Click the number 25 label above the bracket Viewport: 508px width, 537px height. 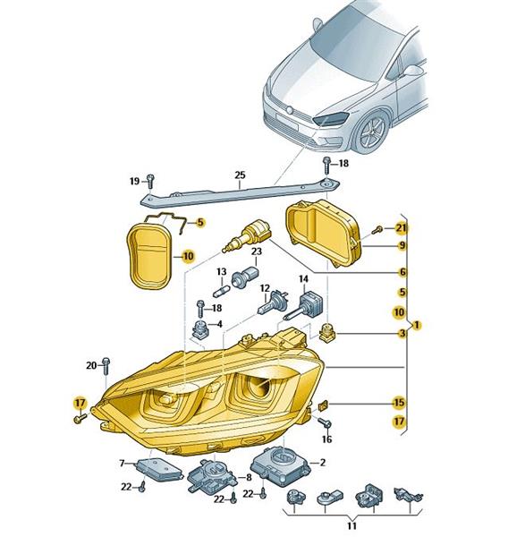240,175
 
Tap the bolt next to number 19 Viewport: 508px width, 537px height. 150,181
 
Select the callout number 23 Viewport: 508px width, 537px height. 257,251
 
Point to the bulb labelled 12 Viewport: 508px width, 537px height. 273,303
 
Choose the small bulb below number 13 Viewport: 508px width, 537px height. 223,293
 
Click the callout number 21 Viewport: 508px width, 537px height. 401,227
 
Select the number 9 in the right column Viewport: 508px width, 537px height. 402,245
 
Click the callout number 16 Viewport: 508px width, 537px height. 327,439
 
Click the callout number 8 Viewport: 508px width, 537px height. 249,477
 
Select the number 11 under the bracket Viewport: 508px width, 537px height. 351,525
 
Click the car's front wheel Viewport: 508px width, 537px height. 372,132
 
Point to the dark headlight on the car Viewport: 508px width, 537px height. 331,118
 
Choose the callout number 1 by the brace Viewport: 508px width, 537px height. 416,325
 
